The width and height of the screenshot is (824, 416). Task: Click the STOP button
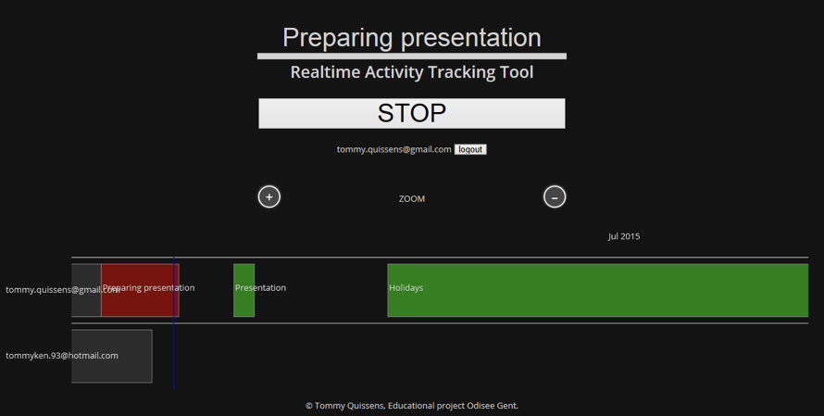coord(411,113)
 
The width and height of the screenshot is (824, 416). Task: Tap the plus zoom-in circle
coord(269,196)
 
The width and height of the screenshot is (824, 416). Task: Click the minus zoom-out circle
coord(555,196)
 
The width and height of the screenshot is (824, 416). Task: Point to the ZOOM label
coord(411,199)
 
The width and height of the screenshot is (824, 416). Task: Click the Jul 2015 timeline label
coord(624,236)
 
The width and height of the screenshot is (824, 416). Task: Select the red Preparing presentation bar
coord(140,290)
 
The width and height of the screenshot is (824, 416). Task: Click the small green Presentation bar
coord(243,290)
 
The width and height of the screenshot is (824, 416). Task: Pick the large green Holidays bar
coord(597,290)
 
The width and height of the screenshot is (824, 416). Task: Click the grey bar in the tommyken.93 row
coord(111,356)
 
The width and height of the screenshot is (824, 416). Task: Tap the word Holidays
coord(406,287)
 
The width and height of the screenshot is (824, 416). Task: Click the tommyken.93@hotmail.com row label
coord(62,356)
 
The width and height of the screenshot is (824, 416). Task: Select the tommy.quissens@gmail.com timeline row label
coord(63,290)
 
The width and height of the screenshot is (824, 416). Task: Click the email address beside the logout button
coord(393,149)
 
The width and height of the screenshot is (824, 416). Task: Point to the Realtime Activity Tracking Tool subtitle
coord(411,72)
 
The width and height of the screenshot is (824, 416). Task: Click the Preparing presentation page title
coord(411,38)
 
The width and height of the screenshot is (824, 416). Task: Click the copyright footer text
coord(411,406)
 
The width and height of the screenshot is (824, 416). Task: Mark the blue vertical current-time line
coord(173,323)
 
